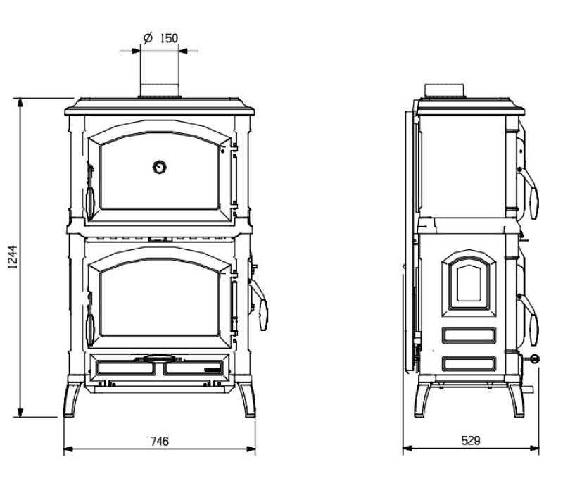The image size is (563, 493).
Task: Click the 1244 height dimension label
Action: (13, 257)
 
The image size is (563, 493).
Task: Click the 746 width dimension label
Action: (160, 441)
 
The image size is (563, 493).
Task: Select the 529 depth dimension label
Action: (471, 440)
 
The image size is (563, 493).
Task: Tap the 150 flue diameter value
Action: (169, 38)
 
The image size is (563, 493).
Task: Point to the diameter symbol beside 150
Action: (148, 37)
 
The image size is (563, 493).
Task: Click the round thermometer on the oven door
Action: (160, 167)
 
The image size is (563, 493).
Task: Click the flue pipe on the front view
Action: (160, 91)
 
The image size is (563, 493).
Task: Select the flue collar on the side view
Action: (445, 91)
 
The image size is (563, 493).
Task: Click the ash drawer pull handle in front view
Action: (158, 358)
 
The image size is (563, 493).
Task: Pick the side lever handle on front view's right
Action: (259, 306)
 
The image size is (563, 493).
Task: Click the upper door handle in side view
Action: (529, 193)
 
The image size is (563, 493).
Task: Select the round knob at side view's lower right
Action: (535, 358)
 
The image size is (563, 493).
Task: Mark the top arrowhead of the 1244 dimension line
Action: (20, 102)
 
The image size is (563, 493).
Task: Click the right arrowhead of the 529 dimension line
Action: (534, 449)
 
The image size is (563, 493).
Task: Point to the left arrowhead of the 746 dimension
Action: (68, 449)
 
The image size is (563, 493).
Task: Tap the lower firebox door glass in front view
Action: (160, 298)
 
